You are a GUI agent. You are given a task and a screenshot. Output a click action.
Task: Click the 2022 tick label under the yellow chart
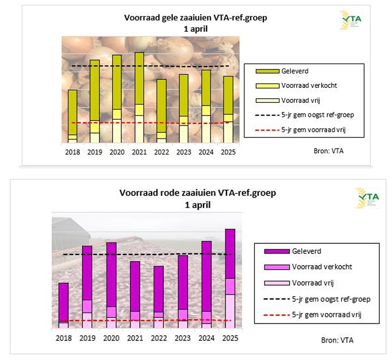(162, 152)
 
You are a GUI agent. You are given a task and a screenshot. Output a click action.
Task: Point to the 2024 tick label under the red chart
(206, 338)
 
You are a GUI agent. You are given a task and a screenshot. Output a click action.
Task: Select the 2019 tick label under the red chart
(87, 338)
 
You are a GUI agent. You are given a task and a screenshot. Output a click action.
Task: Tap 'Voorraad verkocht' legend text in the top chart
(304, 86)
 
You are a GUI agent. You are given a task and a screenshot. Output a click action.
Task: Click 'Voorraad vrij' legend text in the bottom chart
(313, 283)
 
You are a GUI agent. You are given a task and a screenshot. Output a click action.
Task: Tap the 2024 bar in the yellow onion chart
(206, 106)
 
